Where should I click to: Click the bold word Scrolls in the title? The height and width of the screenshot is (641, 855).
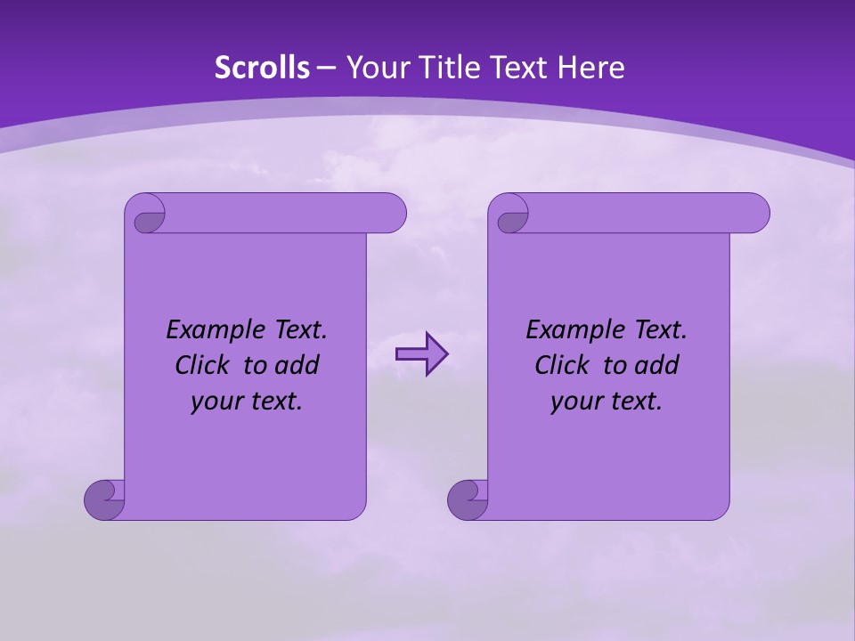(263, 68)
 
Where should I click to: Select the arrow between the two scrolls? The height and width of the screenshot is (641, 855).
(421, 354)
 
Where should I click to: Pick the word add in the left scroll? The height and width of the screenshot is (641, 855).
(298, 365)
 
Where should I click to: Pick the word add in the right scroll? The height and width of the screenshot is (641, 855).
(658, 365)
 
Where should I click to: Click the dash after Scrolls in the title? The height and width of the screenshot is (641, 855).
(326, 68)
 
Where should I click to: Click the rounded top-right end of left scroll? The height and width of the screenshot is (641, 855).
(392, 214)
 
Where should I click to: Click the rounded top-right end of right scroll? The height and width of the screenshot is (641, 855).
(755, 214)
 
